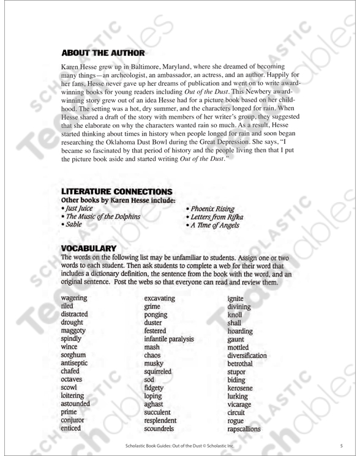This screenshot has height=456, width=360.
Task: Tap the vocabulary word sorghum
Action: [x=74, y=354]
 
